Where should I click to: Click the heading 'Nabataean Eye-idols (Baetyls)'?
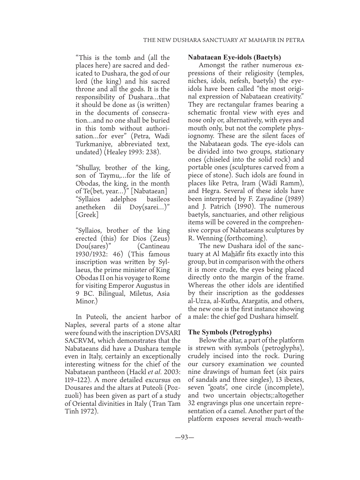pos(234,58)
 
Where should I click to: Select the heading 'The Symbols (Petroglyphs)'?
pos(230,332)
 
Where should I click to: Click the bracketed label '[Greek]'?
pos(87,214)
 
